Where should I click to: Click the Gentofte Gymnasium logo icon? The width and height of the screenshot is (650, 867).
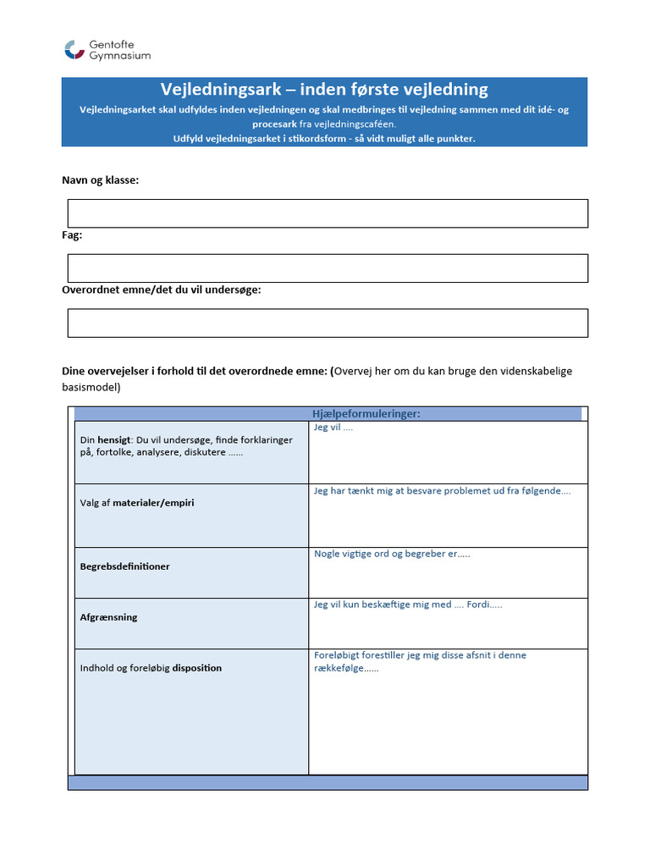coord(74,50)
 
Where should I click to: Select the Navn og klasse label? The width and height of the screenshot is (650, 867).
coord(101,180)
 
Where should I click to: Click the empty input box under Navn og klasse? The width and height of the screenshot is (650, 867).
coord(328,213)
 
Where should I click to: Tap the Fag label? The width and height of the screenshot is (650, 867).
coord(72,235)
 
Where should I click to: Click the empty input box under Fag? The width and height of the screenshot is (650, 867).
coord(328,268)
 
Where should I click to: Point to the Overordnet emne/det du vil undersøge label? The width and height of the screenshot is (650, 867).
coord(162,290)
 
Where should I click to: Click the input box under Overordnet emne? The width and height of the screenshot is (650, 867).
coord(328,323)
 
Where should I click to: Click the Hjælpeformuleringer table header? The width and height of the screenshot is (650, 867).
coord(366,413)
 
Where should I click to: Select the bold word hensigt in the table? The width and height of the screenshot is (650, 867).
coord(114,440)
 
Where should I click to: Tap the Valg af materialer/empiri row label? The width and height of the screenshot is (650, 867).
coord(137,503)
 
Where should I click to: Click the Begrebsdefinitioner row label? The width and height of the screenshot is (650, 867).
coord(124,566)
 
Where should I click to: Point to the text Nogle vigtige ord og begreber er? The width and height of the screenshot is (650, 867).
coord(391,554)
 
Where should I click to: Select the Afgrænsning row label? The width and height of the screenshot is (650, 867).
coord(108,617)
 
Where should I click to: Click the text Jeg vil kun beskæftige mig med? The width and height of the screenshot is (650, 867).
coord(383,605)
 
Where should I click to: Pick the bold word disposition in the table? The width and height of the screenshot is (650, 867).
coord(197,668)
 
